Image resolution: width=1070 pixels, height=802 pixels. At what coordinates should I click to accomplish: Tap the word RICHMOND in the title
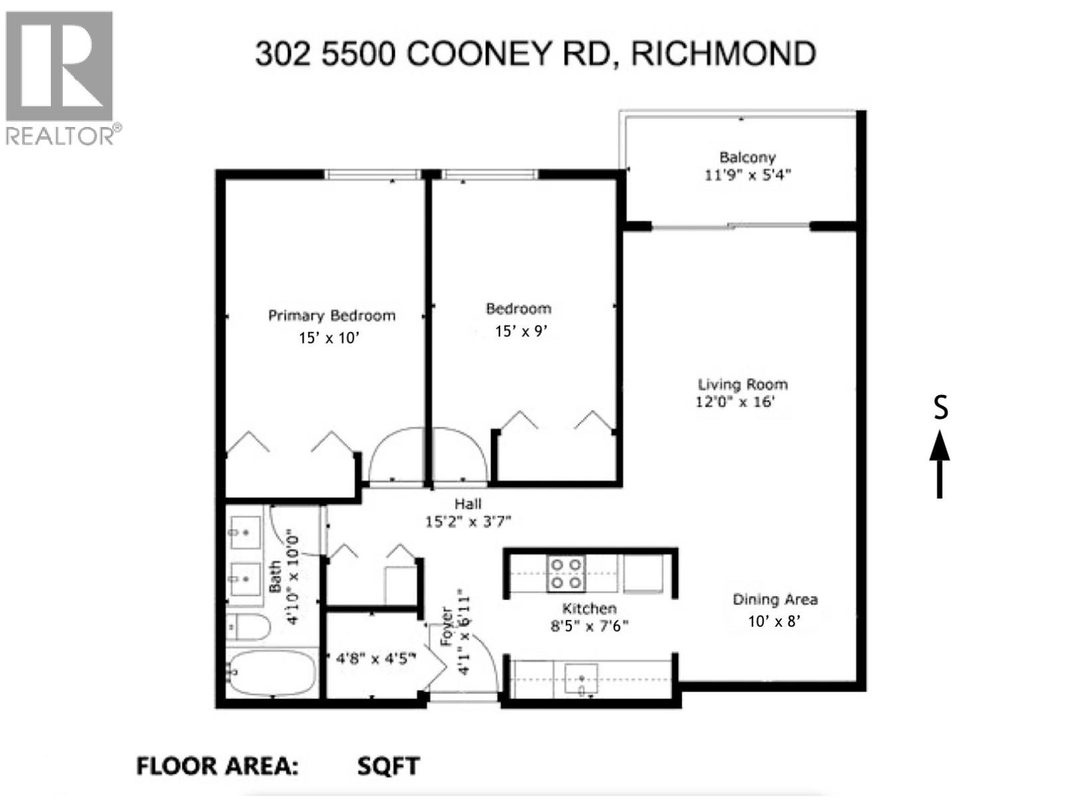724,53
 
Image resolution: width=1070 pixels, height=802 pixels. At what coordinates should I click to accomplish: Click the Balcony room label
747,158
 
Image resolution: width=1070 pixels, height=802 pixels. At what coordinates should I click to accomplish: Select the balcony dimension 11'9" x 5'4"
748,175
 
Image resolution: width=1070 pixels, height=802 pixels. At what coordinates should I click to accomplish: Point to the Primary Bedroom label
331,315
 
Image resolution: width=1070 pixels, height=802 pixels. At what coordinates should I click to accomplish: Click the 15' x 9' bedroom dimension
521,331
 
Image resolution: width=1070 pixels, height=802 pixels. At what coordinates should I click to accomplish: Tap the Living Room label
742,384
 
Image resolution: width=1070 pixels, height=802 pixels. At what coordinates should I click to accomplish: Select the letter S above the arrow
940,408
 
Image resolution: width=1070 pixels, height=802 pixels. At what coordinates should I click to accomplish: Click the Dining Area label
774,599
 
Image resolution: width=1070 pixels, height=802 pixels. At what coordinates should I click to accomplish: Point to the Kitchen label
588,608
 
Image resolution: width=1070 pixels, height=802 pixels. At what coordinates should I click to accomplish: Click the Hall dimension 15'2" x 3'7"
468,521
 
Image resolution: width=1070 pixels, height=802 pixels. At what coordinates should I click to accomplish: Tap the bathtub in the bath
271,672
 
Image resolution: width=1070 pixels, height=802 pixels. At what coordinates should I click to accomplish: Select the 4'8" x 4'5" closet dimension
376,658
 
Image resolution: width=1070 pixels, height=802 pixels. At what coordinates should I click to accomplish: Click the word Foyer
447,627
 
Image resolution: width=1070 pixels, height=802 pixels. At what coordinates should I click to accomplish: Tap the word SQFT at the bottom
388,766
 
